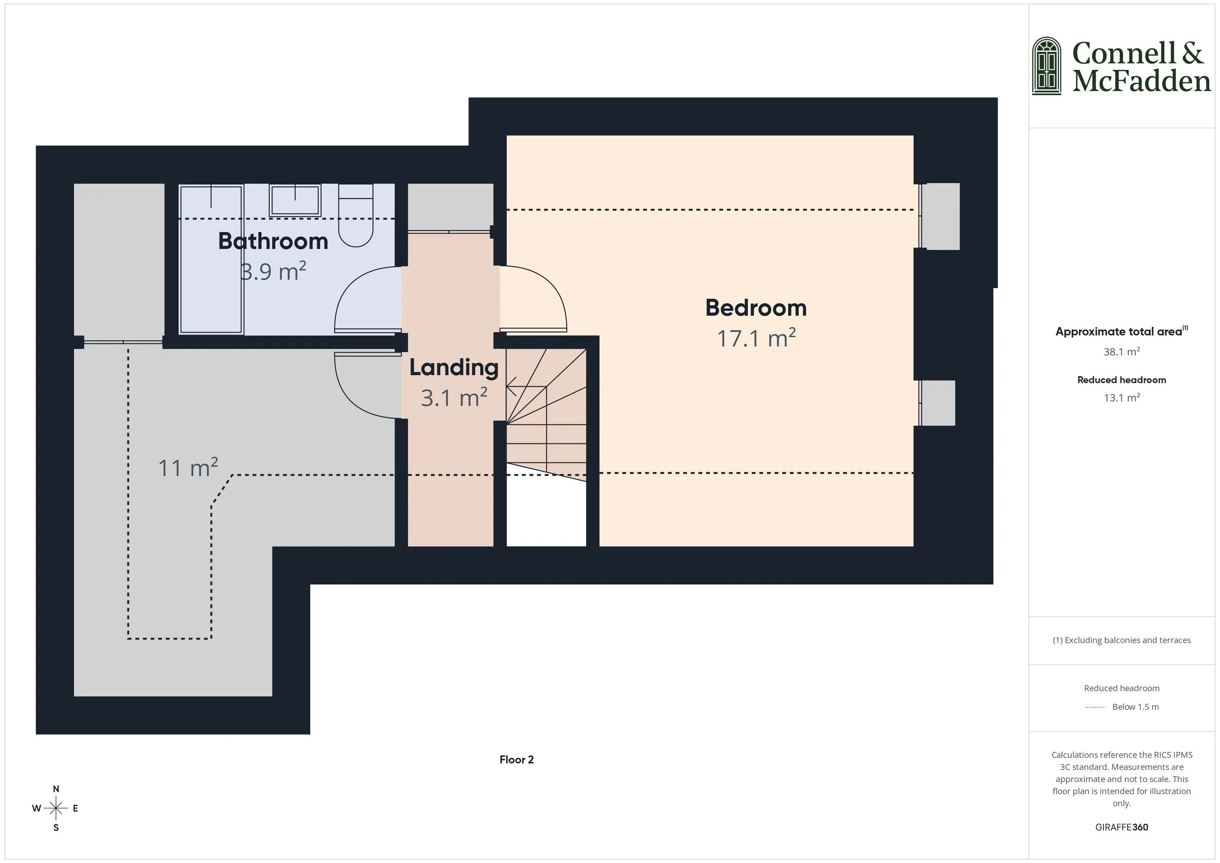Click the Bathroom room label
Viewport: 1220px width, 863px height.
coord(273,241)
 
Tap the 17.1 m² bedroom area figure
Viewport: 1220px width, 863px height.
coord(755,339)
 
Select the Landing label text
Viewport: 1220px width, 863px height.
coord(453,368)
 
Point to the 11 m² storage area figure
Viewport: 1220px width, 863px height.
coord(188,468)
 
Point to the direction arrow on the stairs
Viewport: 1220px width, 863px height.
coord(511,386)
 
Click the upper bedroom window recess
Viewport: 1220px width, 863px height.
coord(939,216)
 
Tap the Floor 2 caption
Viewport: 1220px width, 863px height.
coord(516,760)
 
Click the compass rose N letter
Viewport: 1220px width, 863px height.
coord(56,789)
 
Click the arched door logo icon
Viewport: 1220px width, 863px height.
coord(1046,66)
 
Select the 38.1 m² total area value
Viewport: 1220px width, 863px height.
coord(1121,352)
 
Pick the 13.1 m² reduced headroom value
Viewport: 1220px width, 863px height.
coord(1121,398)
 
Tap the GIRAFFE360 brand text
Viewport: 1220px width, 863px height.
coord(1121,827)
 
